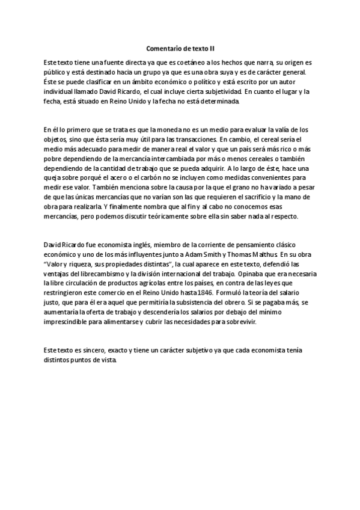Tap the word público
(x=55, y=72)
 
